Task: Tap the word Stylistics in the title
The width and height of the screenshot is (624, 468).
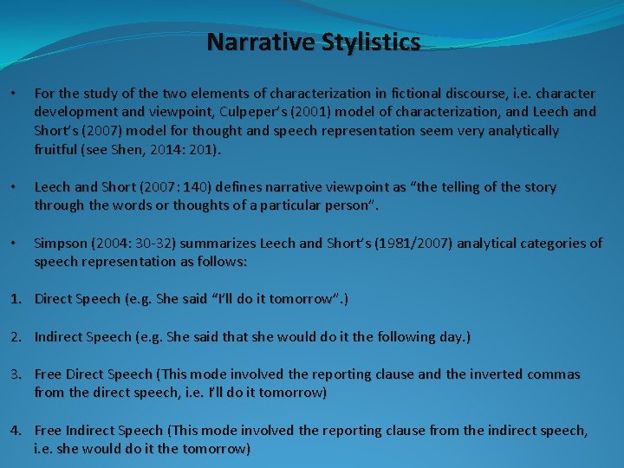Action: click(368, 42)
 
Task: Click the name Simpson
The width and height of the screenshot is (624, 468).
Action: click(62, 243)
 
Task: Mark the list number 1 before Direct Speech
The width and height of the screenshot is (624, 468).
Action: click(15, 299)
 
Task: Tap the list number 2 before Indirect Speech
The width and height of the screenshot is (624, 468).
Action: click(15, 336)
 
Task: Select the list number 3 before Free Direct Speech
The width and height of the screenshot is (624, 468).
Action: click(15, 374)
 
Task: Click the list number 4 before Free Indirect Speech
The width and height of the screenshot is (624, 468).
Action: click(15, 430)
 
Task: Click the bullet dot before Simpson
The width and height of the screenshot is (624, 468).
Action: click(13, 244)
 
